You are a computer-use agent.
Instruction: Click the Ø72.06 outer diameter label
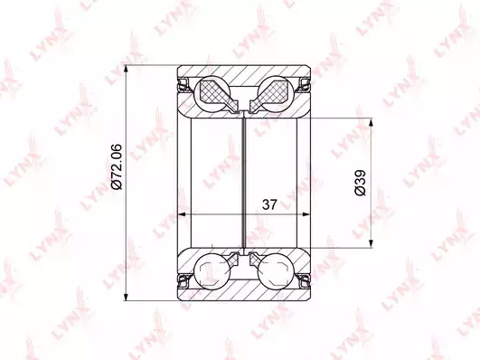pos(117,166)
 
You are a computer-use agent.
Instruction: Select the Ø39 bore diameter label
pos(360,183)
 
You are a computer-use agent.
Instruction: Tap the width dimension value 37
pos(269,204)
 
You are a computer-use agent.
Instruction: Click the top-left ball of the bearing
pos(212,91)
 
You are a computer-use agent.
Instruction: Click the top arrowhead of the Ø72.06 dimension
pos(126,70)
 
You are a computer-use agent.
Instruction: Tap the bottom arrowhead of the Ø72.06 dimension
pos(126,297)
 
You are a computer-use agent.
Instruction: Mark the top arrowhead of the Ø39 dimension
pos(372,122)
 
